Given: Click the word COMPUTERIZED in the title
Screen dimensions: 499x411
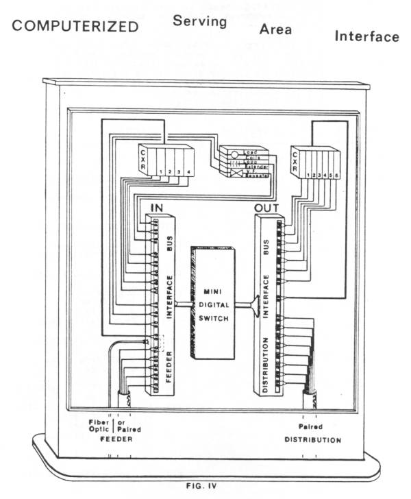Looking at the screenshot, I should click(75, 27).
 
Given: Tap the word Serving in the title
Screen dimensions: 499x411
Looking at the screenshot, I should click(199, 21).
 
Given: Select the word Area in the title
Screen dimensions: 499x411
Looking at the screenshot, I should click(275, 29).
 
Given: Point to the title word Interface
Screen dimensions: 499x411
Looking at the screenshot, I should click(366, 36).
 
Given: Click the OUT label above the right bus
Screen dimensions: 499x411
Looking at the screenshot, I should click(269, 206).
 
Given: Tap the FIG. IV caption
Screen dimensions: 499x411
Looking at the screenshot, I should click(201, 485).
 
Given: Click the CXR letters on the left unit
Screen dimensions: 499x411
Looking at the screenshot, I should click(143, 160).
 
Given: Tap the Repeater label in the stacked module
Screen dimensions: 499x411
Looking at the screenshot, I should click(256, 177).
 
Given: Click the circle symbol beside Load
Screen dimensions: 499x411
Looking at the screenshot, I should click(233, 154).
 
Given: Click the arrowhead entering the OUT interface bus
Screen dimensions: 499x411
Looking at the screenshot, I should click(255, 305).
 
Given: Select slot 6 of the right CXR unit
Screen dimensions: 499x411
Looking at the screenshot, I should click(336, 175).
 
